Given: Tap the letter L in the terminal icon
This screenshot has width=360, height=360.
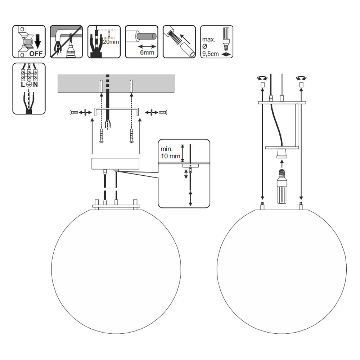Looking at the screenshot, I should (x=22, y=85).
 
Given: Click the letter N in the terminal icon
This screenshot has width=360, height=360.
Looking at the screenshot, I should (x=36, y=85).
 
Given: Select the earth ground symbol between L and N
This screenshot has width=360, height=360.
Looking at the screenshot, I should (x=29, y=85).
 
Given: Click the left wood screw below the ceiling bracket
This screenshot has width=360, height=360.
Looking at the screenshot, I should (x=102, y=136).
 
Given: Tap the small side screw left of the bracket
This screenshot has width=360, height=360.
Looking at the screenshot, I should (x=73, y=113).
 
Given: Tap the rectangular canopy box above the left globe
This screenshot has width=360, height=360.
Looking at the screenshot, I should (x=115, y=164).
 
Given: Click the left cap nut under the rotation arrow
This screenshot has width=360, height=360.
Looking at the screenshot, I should (x=262, y=85).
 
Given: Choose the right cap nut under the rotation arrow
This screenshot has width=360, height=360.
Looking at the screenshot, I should (x=301, y=85).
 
